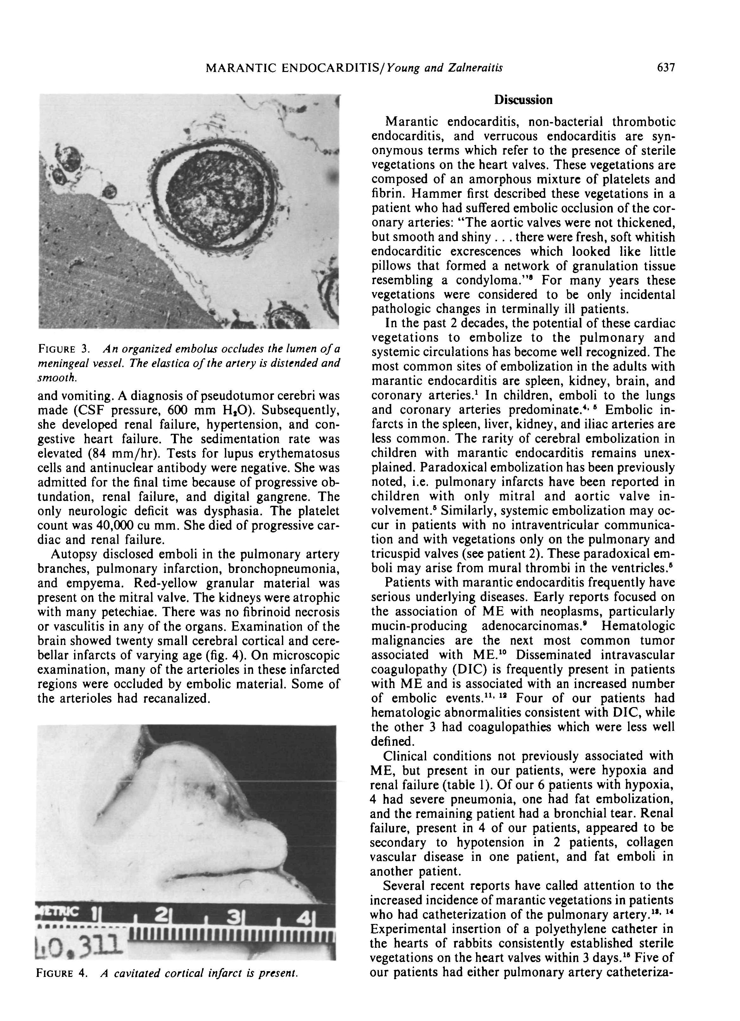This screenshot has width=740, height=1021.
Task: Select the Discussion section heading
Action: click(523, 100)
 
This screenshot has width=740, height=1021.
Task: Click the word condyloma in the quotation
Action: click(491, 281)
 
